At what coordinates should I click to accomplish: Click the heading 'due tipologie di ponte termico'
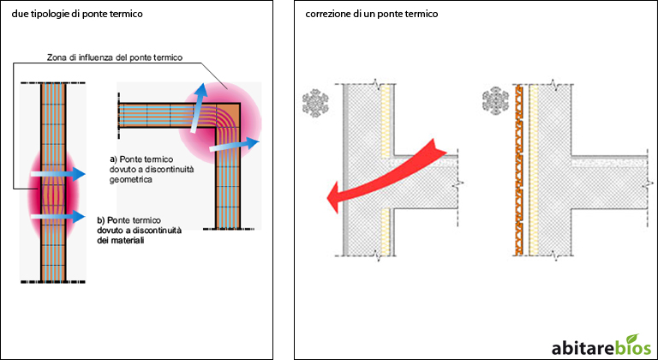[x=77, y=15]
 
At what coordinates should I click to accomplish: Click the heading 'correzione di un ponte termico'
[x=371, y=15]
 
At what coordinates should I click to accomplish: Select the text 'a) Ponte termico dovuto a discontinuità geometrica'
[x=152, y=170]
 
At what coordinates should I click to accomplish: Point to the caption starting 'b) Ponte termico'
[x=139, y=231]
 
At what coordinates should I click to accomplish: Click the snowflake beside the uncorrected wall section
[x=315, y=103]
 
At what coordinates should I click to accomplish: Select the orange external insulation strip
[x=519, y=170]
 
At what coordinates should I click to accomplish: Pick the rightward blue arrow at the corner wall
[x=234, y=145]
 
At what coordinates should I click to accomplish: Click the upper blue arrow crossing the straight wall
[x=58, y=173]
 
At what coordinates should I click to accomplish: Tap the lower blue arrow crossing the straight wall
[x=58, y=216]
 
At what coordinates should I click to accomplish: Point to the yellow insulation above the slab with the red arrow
[x=386, y=120]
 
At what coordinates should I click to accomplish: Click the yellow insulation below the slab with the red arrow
[x=386, y=232]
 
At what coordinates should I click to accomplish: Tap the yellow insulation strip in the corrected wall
[x=534, y=170]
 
